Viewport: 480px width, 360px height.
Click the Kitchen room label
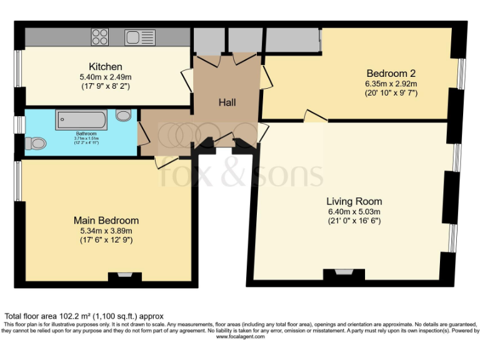click(105, 67)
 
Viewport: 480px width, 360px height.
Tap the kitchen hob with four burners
click(100, 36)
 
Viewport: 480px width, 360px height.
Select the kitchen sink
click(139, 36)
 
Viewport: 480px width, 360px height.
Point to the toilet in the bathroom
click(36, 144)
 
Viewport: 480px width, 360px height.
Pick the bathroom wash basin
click(124, 115)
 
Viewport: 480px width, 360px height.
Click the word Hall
click(227, 102)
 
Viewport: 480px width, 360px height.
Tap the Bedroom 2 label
click(391, 72)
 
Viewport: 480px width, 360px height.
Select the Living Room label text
click(354, 201)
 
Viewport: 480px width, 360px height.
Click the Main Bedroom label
click(106, 221)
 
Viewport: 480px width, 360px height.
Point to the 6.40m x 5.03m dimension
click(354, 211)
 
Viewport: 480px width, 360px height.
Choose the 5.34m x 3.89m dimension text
click(106, 231)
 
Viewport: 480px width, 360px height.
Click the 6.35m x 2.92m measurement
click(391, 82)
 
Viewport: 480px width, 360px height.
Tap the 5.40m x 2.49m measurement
click(105, 77)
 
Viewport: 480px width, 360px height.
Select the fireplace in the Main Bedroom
click(125, 275)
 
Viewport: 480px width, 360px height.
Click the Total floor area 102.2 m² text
click(84, 316)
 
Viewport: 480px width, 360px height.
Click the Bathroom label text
click(86, 134)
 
